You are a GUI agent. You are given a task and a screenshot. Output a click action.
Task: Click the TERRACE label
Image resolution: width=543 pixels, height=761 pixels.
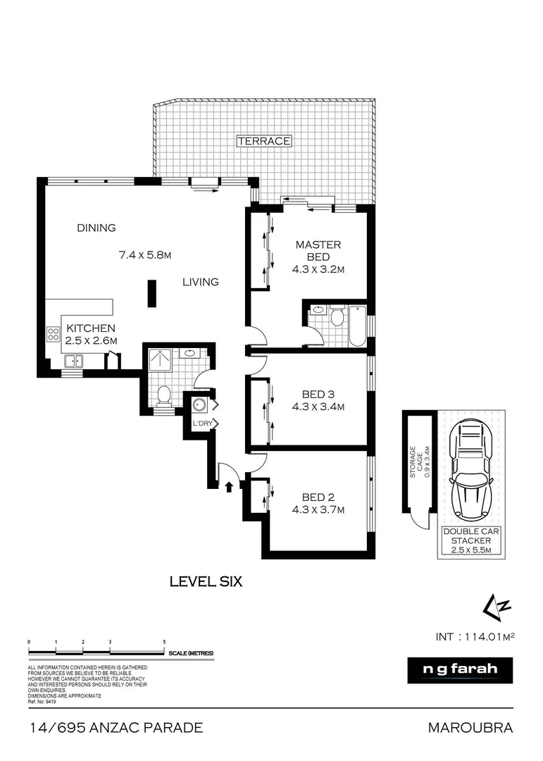click(264, 141)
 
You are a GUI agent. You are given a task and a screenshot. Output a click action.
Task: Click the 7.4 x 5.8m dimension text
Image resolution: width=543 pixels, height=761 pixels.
click(145, 254)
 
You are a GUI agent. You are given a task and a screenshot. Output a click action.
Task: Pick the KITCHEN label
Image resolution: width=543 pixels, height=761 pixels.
click(91, 328)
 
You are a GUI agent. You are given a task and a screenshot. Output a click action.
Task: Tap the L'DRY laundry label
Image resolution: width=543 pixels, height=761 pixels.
click(202, 423)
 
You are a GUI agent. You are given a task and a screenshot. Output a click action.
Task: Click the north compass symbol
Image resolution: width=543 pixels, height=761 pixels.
click(491, 605)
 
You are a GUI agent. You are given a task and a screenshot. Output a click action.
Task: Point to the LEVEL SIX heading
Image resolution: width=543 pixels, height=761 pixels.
click(206, 581)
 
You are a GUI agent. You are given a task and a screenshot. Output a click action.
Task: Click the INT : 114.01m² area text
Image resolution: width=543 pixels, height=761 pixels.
click(476, 636)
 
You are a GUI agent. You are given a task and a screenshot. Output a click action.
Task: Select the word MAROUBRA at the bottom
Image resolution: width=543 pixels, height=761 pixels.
click(470, 727)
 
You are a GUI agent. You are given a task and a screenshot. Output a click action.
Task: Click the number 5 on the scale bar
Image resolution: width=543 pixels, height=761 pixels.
click(164, 642)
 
